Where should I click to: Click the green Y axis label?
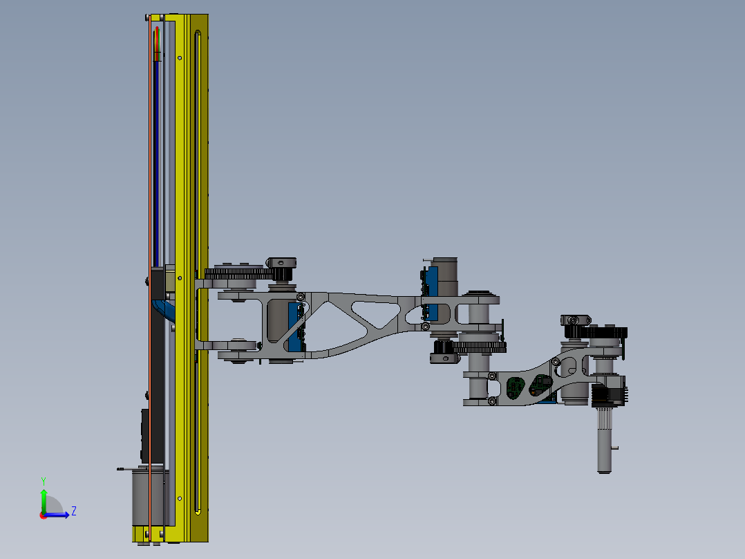(x=43, y=480)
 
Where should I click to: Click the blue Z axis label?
(x=73, y=511)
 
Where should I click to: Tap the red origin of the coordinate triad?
(x=43, y=515)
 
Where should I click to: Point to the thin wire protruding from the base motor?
(x=124, y=469)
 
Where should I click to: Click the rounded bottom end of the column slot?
(x=198, y=511)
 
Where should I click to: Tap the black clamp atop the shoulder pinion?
(x=282, y=263)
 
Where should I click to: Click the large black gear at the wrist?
(x=608, y=332)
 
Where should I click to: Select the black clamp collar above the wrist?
(x=575, y=320)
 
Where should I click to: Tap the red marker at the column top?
(x=158, y=38)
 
